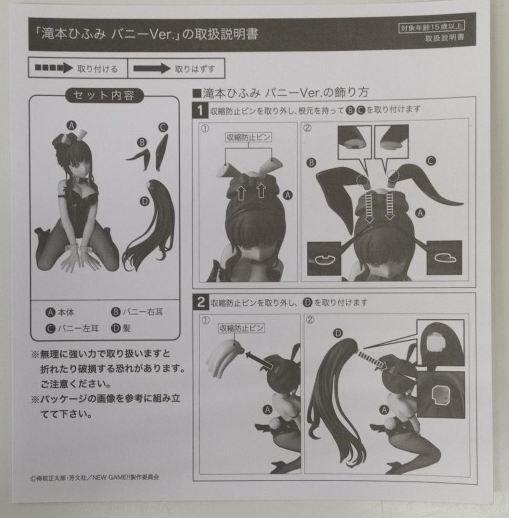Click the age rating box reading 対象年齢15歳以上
[x=431, y=28]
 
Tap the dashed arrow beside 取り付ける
[x=53, y=68]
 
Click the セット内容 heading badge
[x=104, y=96]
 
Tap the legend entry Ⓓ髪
[x=121, y=328]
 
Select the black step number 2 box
[x=201, y=302]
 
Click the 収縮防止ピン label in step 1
[x=248, y=137]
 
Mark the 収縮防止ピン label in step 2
[x=241, y=328]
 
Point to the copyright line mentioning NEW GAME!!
[x=95, y=477]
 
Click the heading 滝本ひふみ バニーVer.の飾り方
[x=281, y=93]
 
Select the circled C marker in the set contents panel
[x=163, y=127]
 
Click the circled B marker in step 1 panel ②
[x=311, y=163]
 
